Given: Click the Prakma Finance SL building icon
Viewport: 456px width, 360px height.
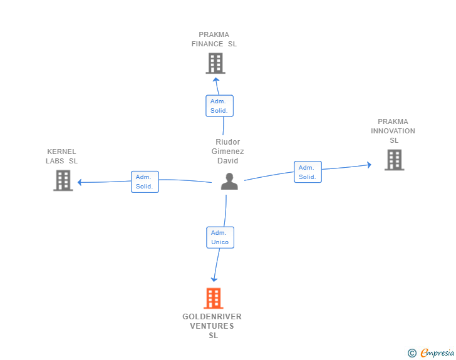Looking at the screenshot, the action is [x=215, y=63].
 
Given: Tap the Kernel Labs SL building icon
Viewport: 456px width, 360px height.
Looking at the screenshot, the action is [x=63, y=180].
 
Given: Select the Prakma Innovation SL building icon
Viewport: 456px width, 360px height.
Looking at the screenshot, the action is [x=395, y=160].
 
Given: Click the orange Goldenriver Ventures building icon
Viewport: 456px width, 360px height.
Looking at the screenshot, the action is [x=214, y=298].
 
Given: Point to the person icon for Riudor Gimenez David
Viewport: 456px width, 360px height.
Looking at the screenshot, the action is [x=229, y=182].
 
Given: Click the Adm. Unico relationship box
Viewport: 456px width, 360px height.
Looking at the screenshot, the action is [x=220, y=237].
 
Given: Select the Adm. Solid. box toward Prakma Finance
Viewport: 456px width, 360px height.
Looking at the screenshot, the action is [x=220, y=106].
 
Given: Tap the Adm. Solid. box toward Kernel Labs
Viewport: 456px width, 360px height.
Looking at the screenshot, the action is [x=145, y=182].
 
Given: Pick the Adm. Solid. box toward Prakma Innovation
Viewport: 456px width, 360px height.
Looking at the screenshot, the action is [x=308, y=172].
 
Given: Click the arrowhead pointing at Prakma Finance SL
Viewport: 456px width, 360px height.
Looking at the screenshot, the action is [x=215, y=80].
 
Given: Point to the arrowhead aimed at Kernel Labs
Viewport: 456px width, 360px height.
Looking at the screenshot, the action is [x=80, y=182].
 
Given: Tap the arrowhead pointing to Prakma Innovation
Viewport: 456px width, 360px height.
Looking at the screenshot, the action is [x=370, y=165].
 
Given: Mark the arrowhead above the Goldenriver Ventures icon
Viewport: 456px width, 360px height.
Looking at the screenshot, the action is [x=214, y=280].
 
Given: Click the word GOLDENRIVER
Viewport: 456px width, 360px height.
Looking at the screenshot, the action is [x=212, y=317].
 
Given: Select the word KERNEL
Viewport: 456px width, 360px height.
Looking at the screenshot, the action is [x=61, y=152].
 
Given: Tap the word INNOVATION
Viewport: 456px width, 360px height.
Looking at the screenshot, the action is [x=393, y=131].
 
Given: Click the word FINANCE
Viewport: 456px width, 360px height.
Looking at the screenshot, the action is [x=207, y=44].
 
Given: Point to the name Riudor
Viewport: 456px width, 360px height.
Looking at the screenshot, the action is [x=228, y=142].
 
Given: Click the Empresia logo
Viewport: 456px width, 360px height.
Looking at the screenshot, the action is [x=431, y=352].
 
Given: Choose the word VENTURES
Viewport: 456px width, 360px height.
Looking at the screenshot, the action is [x=212, y=326].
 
